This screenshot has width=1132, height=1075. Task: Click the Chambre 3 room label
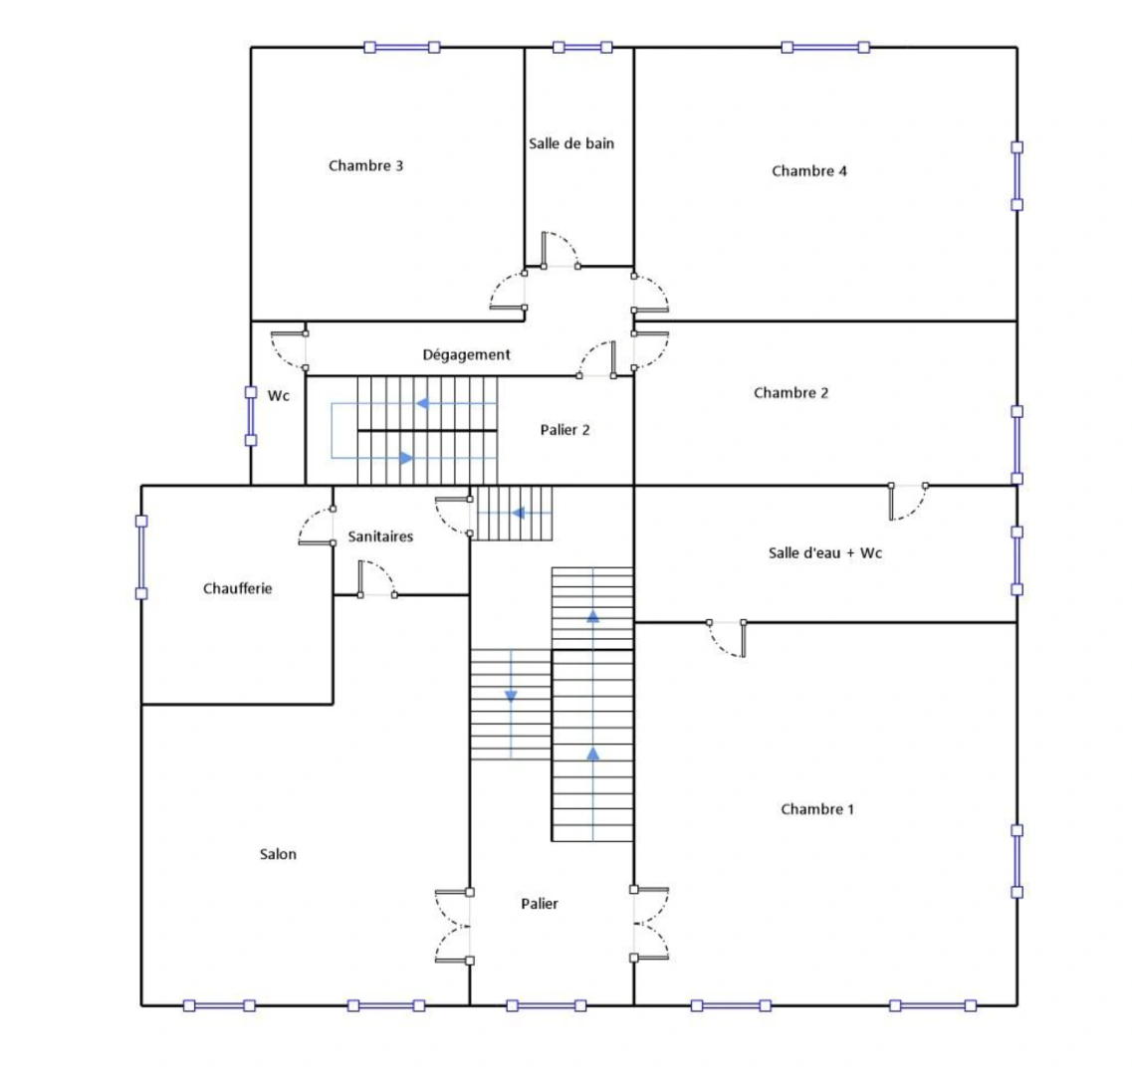pos(365,165)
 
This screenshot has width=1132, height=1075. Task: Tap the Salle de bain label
pos(570,143)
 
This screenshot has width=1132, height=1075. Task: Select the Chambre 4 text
pos(808,171)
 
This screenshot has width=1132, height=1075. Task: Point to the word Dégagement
pos(466,354)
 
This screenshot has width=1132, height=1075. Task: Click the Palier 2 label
pos(565,430)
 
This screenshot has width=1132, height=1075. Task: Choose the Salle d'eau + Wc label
pos(824,552)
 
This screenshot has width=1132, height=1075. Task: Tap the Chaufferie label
pos(237,588)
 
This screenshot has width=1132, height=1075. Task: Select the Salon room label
pos(278,854)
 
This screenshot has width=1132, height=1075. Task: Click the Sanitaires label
pos(380,537)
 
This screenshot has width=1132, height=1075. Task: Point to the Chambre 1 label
pos(816,809)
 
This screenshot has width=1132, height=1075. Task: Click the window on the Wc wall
pos(251,416)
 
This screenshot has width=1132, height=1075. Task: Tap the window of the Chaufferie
pos(141,556)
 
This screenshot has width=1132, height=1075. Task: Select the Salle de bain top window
pos(582,47)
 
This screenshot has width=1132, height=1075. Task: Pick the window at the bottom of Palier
pos(547,1005)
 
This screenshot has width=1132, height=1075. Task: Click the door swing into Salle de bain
pos(558,250)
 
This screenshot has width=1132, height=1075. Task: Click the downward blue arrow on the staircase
pos(511,695)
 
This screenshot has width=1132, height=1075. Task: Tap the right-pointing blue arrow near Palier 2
pos(405,458)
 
